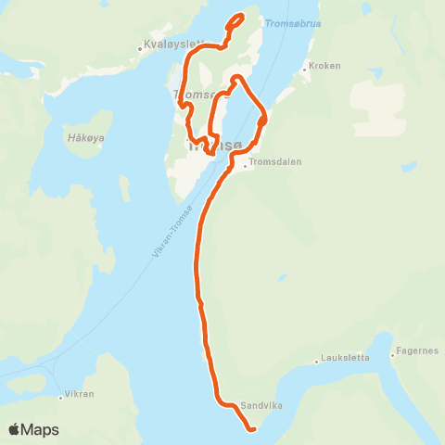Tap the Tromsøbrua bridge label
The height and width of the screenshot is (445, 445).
292,23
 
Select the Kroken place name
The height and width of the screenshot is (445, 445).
325,66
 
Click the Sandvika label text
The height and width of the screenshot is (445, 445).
261,406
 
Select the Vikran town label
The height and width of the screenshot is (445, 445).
78,394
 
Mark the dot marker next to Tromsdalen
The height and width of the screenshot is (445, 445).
245,168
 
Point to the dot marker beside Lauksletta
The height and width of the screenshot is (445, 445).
318,359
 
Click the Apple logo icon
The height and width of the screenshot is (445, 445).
15,429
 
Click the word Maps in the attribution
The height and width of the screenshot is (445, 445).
41,429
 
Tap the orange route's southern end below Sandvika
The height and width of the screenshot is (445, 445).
251,429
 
